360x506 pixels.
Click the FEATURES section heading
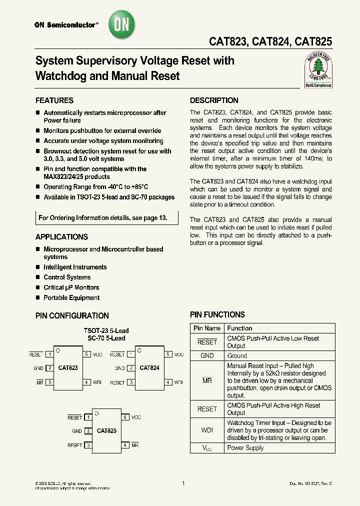pyautogui.click(x=54, y=100)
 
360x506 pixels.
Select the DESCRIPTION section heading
pyautogui.click(x=214, y=100)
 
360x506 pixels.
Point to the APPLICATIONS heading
pyautogui.click(x=61, y=236)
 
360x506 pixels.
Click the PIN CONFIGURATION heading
pyautogui.click(x=72, y=315)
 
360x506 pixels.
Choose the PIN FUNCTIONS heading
pyautogui.click(x=217, y=314)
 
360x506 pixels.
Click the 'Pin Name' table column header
pyautogui.click(x=207, y=328)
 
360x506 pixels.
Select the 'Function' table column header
pyautogui.click(x=239, y=328)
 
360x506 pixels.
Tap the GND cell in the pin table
pyautogui.click(x=207, y=355)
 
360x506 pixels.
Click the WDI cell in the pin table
pyautogui.click(x=207, y=430)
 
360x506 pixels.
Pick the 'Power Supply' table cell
pyautogui.click(x=245, y=447)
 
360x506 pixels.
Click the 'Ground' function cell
pyautogui.click(x=237, y=355)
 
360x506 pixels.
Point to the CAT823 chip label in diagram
pyautogui.click(x=68, y=368)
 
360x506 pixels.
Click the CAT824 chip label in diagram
pyautogui.click(x=149, y=368)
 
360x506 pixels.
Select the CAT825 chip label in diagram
pyautogui.click(x=106, y=430)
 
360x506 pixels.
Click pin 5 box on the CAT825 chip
pyautogui.click(x=125, y=417)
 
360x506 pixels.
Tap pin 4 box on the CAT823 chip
pyautogui.click(x=86, y=382)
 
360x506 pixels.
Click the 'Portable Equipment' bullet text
pyautogui.click(x=71, y=297)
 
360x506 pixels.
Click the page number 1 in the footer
pyautogui.click(x=183, y=483)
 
